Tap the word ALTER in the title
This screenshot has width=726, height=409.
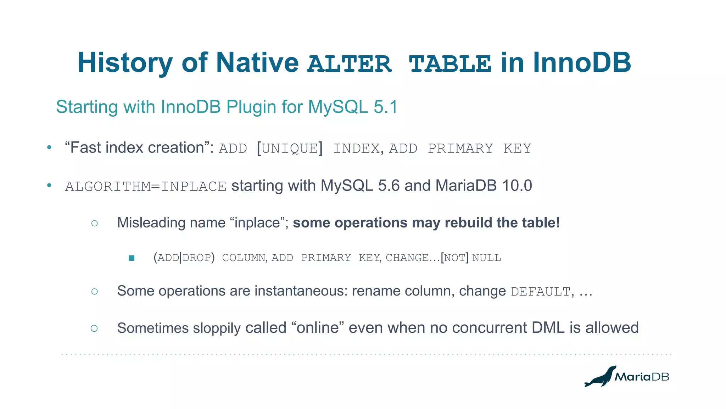point(349,64)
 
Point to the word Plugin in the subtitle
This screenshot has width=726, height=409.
point(251,107)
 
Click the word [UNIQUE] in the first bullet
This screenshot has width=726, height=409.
point(290,148)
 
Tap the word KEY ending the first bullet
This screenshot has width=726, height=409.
point(517,148)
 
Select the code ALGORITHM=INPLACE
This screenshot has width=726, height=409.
point(146,186)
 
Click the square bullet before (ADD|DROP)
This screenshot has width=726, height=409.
point(132,258)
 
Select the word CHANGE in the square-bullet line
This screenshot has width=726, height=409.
point(407,258)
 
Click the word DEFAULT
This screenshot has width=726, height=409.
point(540,292)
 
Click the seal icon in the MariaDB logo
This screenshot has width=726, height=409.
point(600,376)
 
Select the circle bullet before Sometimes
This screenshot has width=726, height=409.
point(94,328)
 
